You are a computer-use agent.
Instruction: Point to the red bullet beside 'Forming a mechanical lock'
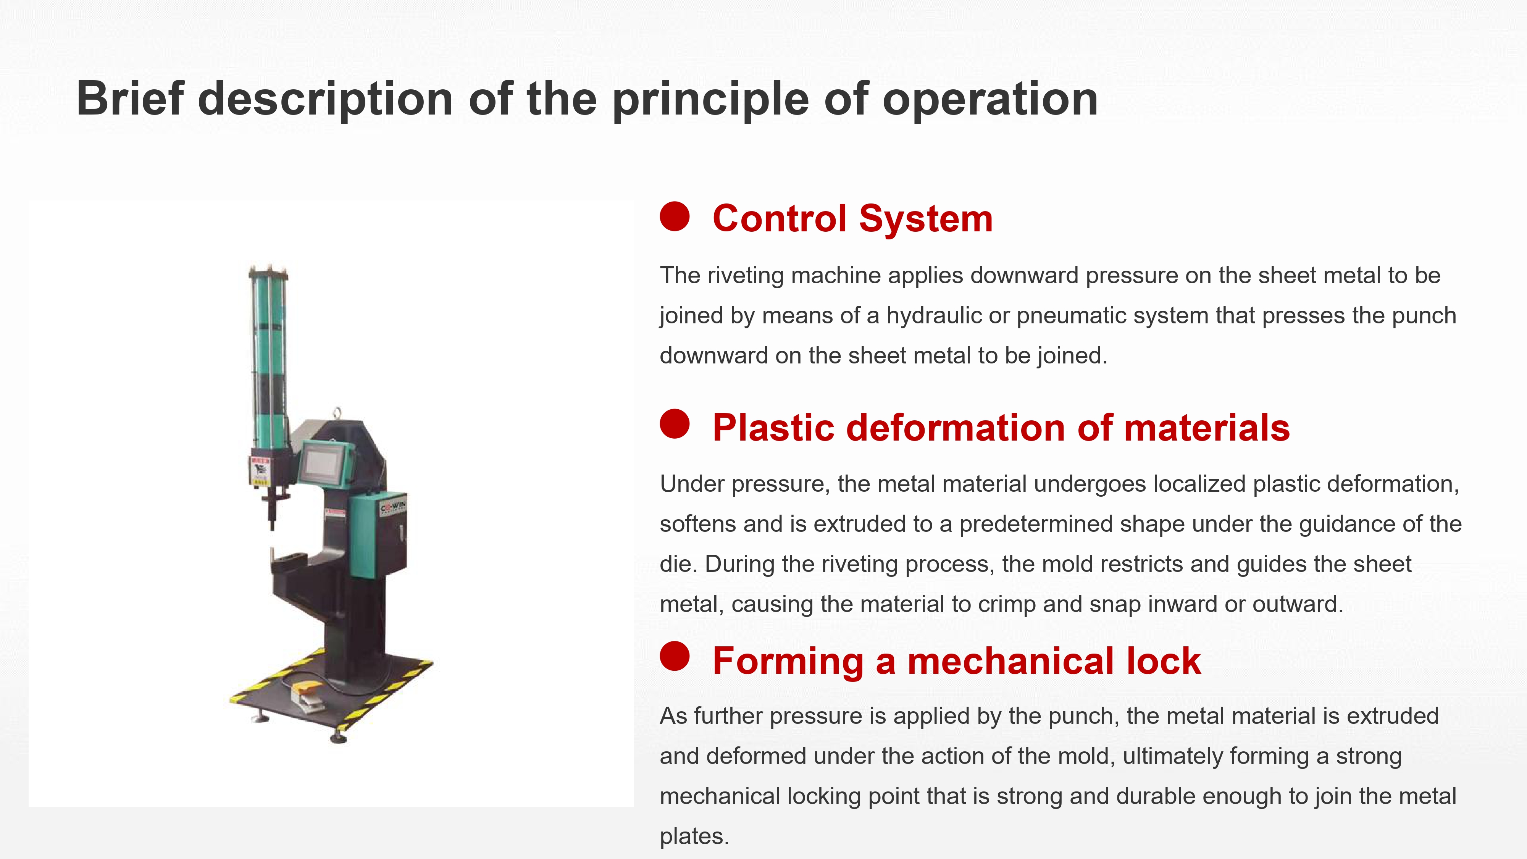pos(675,656)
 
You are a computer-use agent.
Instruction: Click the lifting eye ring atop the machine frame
pos(337,413)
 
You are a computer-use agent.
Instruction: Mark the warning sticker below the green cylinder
pos(261,471)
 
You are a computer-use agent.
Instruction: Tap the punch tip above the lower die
pos(272,525)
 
